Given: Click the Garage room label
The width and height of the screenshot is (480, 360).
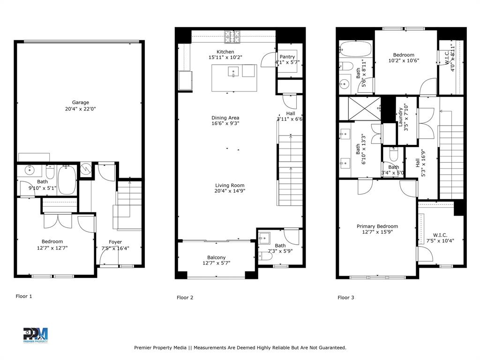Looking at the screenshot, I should pos(80,103).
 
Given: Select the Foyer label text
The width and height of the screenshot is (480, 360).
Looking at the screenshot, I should pos(115,242).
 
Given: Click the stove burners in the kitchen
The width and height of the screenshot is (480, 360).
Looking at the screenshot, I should pos(231,34).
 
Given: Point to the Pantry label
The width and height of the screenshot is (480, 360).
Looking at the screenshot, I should pos(287,57).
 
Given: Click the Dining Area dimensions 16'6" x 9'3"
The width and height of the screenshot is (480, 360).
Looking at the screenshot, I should pos(225,124).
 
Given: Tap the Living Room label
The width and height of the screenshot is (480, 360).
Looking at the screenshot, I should pos(230,185).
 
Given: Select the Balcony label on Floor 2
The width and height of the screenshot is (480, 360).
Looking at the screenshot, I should pos(217,257).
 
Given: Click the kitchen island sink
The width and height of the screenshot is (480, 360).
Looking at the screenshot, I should pos(233,71).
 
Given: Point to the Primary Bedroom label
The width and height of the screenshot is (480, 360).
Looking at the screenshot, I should pos(377,226).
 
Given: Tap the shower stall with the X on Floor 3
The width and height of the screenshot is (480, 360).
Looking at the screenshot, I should pos(360,108).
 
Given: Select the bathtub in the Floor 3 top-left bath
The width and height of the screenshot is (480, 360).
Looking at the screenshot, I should pos(355,49).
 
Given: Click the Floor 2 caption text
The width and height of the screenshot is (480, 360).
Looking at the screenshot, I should pos(185,298).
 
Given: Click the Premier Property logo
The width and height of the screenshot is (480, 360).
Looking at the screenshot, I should pos(36,335).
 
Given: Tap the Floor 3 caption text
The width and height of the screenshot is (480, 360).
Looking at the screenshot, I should pos(346,298).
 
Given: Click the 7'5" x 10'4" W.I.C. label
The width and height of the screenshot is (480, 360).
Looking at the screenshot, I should pos(440,241).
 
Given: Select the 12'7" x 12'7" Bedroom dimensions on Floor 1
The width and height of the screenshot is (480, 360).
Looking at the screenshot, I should pos(52,248).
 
